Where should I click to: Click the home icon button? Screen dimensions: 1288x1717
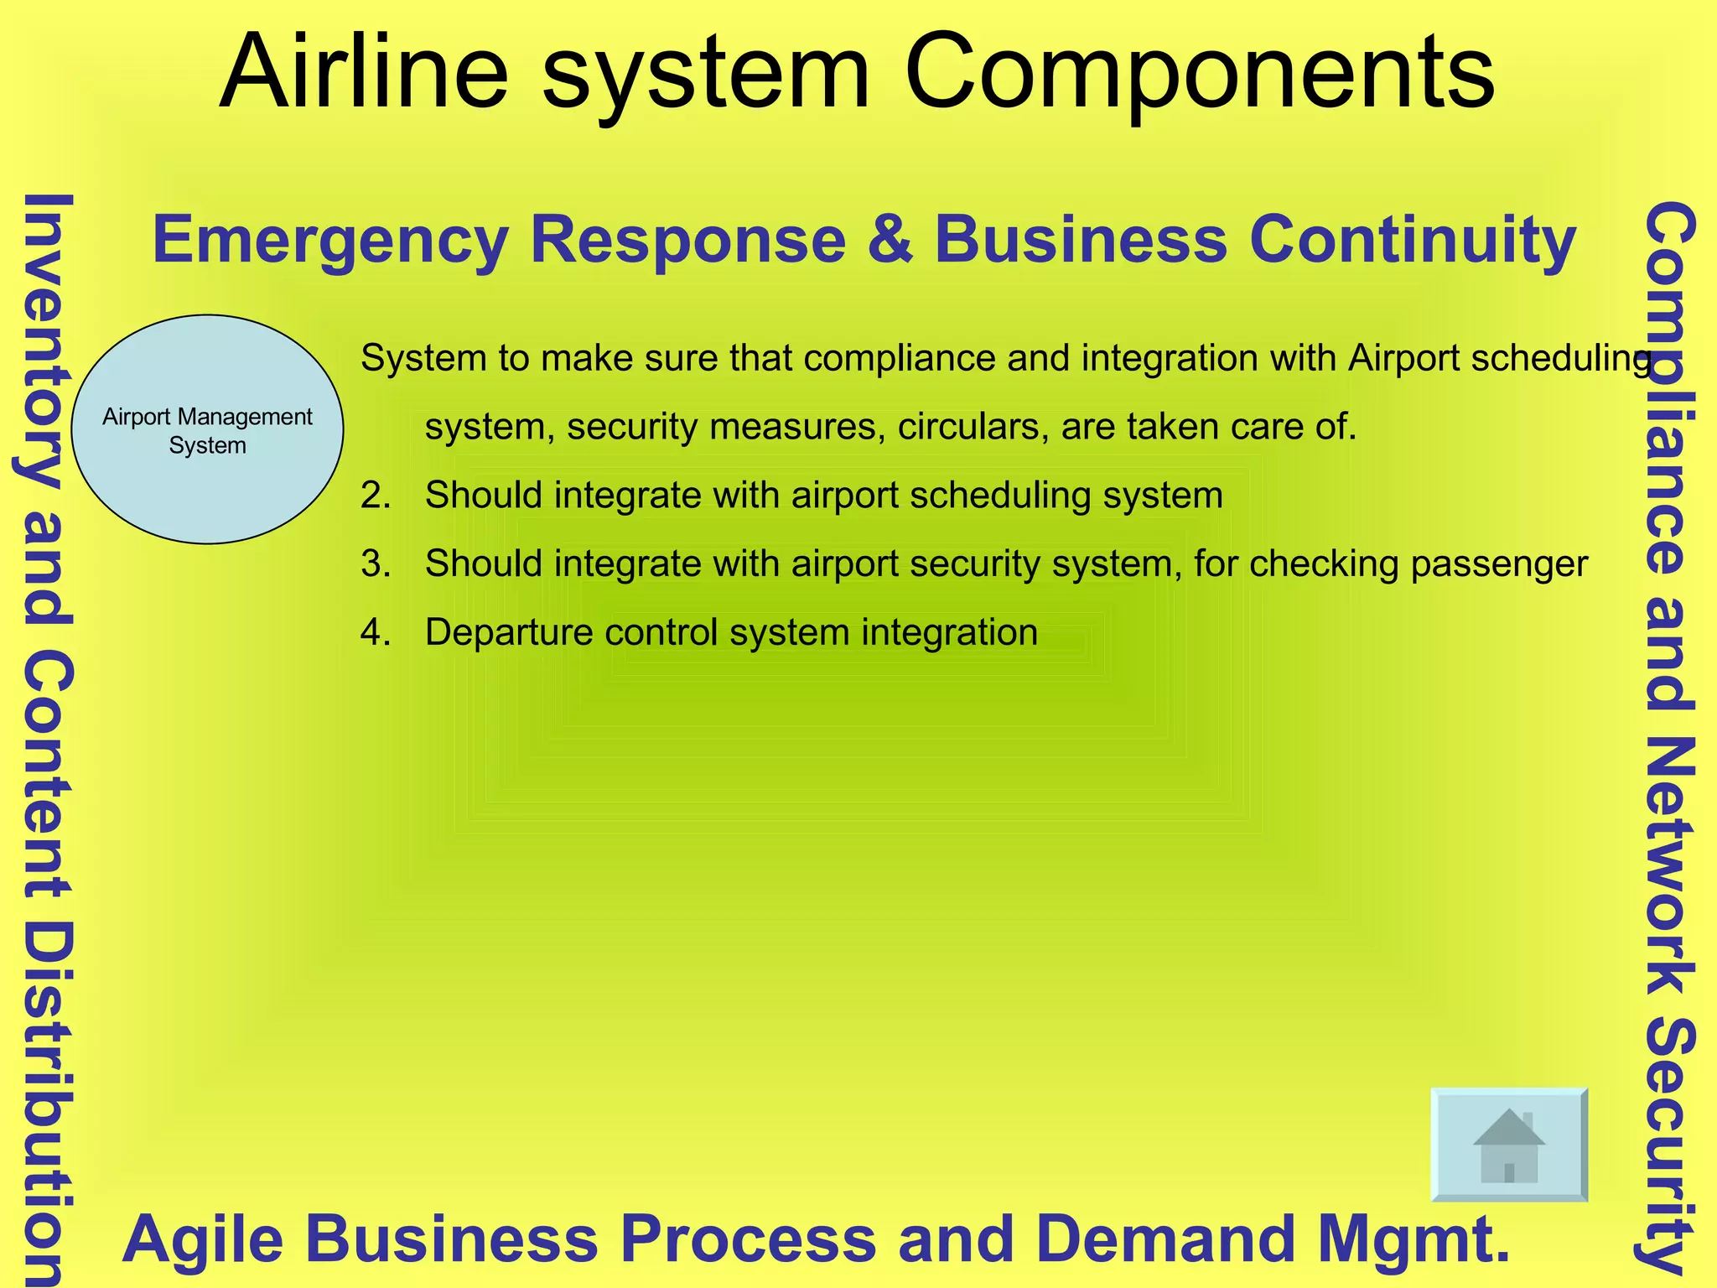click(x=1508, y=1145)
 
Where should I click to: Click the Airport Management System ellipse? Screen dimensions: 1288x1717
click(x=207, y=429)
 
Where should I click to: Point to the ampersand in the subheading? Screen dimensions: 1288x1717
click(x=890, y=240)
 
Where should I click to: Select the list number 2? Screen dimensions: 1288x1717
click(x=375, y=496)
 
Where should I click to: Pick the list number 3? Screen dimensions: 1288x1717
click(x=375, y=563)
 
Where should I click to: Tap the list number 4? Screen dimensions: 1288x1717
click(x=375, y=632)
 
